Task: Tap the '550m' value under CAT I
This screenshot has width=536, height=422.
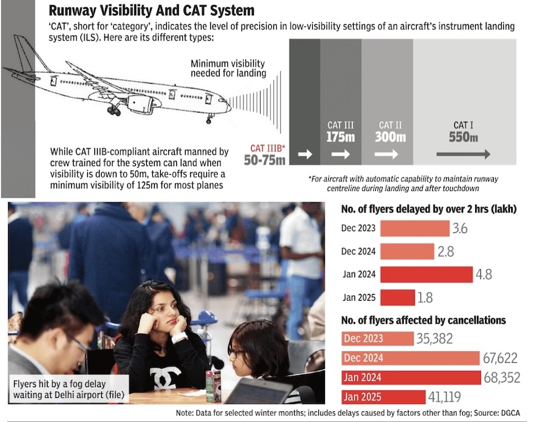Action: [464, 137]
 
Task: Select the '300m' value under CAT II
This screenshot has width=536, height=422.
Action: [391, 137]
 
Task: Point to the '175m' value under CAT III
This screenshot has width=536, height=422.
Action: [340, 137]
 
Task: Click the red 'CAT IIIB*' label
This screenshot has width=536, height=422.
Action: [268, 148]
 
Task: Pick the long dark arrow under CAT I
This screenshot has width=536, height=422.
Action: [463, 154]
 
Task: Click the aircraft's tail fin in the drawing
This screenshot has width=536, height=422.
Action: [25, 54]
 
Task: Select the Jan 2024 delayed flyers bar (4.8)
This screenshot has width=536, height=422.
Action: [426, 273]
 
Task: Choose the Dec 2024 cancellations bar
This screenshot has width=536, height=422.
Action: [411, 358]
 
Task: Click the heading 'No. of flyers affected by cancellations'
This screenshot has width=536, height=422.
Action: [423, 320]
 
